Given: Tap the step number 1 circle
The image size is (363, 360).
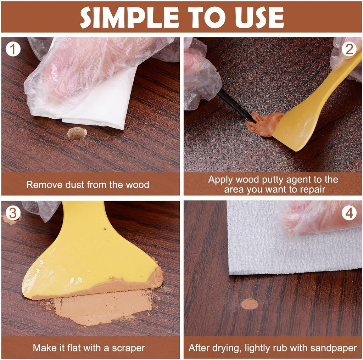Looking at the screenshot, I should coord(13,49).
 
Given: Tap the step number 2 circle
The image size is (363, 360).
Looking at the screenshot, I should coord(349,49).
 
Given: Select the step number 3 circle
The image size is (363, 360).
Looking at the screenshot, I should coord(13,213).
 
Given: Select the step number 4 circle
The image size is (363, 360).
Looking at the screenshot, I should coord(349,213).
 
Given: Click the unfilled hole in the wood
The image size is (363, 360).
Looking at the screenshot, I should coord(77,133).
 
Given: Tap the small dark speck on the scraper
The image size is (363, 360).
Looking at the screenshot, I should coord(105,229).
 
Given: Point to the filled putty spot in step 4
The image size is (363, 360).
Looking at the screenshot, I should coord(250,304).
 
